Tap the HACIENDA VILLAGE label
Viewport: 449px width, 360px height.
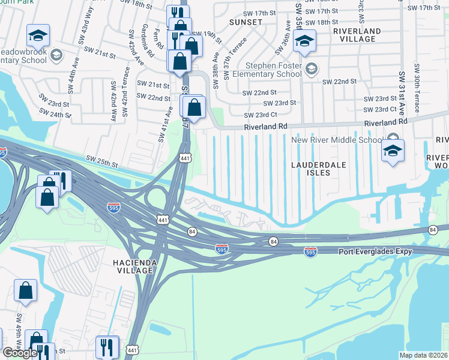coord(133,266)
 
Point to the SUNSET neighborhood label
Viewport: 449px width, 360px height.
coord(246,22)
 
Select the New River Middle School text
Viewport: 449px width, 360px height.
coord(336,140)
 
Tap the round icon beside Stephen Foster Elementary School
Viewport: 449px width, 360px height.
coord(311,69)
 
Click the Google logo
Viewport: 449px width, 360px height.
coord(20,353)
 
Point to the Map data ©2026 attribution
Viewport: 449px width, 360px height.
coord(423,355)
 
